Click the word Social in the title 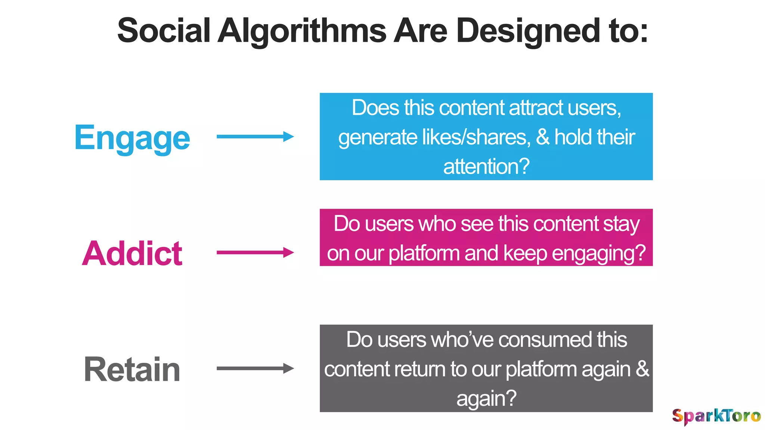coord(164,31)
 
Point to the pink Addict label coord(132,253)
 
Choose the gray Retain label coord(132,370)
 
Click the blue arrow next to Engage coord(255,137)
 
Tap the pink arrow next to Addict coord(255,253)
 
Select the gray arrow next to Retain coord(255,368)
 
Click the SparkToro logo coord(716,416)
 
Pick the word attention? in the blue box coord(486,166)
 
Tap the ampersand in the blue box coord(543,137)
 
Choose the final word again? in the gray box coord(486,399)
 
